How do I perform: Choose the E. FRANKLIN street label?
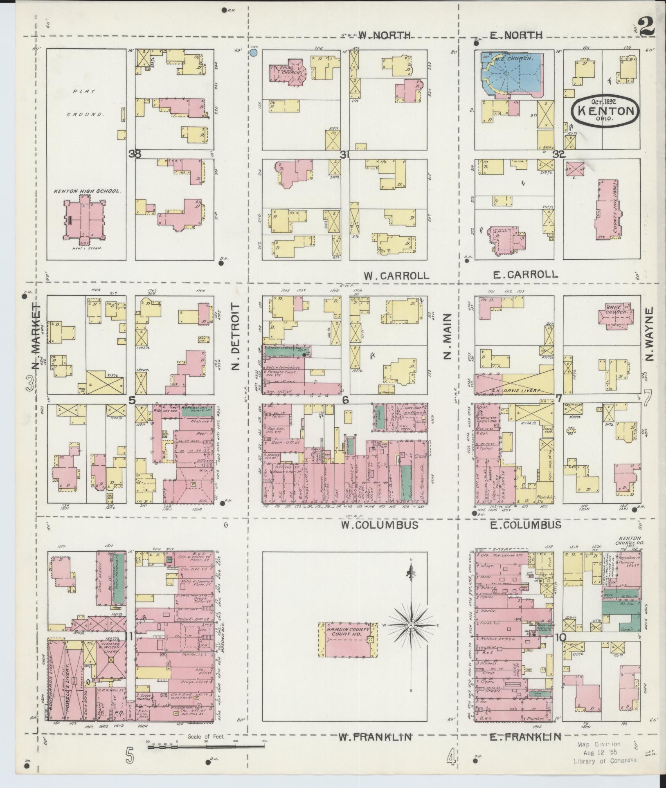[x=525, y=737]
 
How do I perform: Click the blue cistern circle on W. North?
[x=254, y=52]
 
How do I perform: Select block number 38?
[x=135, y=154]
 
